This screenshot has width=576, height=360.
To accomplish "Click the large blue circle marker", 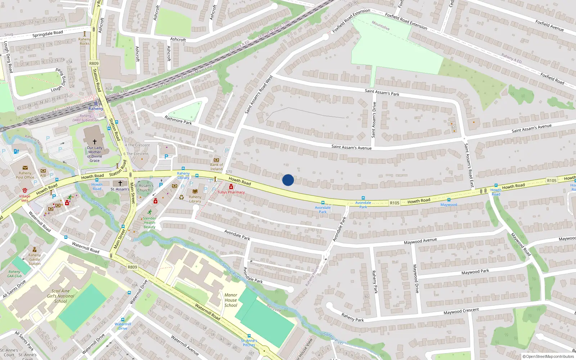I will click(x=288, y=180).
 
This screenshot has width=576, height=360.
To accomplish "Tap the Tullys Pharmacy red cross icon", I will click(x=231, y=186).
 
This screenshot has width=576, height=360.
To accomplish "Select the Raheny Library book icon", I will click(x=195, y=192).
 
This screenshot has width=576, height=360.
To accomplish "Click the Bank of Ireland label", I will click(x=216, y=167).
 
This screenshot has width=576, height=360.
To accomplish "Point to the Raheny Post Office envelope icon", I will click(x=25, y=168).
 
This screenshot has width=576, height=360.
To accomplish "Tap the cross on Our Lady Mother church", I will click(x=95, y=142).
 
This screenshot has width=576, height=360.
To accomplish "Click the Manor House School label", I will click(x=231, y=300).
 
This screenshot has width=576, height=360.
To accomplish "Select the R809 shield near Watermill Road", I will click(x=132, y=267).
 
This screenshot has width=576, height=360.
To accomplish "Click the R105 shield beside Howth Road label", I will click(x=395, y=203).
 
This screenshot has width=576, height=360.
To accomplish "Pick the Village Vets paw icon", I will click(x=25, y=190).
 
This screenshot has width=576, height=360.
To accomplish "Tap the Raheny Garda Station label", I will click(x=35, y=259).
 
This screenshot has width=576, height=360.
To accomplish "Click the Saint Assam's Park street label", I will click(x=382, y=93).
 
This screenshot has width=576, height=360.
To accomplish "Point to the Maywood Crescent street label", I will click(x=461, y=311).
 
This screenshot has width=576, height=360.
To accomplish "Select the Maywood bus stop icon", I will click(x=449, y=200).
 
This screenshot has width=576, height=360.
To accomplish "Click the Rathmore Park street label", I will click(x=178, y=120).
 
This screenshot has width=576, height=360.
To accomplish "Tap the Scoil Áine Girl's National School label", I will click(x=60, y=296).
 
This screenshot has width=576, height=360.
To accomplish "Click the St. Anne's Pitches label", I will click(x=249, y=343).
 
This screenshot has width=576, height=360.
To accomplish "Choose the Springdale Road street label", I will click(x=48, y=34).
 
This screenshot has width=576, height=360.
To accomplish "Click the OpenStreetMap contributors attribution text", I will click(x=548, y=356).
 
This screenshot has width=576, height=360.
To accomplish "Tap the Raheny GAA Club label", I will click(x=14, y=274).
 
